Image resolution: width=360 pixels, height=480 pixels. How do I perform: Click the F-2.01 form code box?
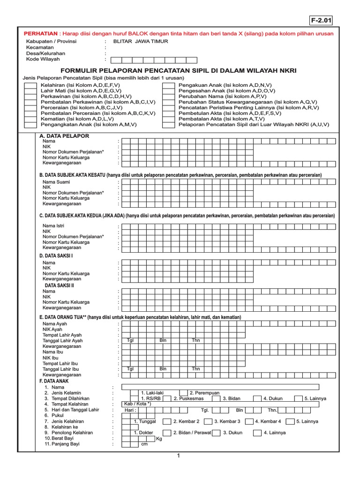point(321,20)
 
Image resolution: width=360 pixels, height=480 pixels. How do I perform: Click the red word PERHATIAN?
point(40,34)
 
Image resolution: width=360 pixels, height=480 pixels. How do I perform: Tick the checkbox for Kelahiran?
point(30,86)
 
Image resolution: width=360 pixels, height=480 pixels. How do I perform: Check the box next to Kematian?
point(30,119)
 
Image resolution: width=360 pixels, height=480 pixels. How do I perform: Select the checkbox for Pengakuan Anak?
point(168,86)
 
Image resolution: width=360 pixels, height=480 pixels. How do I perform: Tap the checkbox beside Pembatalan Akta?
point(168,119)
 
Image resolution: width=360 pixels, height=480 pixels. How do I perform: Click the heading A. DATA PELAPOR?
point(64,136)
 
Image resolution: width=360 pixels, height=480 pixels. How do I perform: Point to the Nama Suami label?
point(55,182)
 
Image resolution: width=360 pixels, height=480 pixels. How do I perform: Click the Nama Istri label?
point(53,226)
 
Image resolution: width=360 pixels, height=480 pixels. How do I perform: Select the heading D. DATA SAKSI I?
point(56,256)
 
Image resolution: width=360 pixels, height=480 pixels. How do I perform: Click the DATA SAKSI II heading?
point(59,285)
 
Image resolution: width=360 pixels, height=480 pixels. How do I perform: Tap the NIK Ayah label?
point(52,330)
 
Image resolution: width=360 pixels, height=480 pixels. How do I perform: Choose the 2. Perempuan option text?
point(204,393)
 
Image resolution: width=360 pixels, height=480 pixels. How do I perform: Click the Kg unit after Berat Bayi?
point(159,439)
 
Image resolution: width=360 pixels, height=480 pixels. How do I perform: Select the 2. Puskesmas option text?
point(188,398)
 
